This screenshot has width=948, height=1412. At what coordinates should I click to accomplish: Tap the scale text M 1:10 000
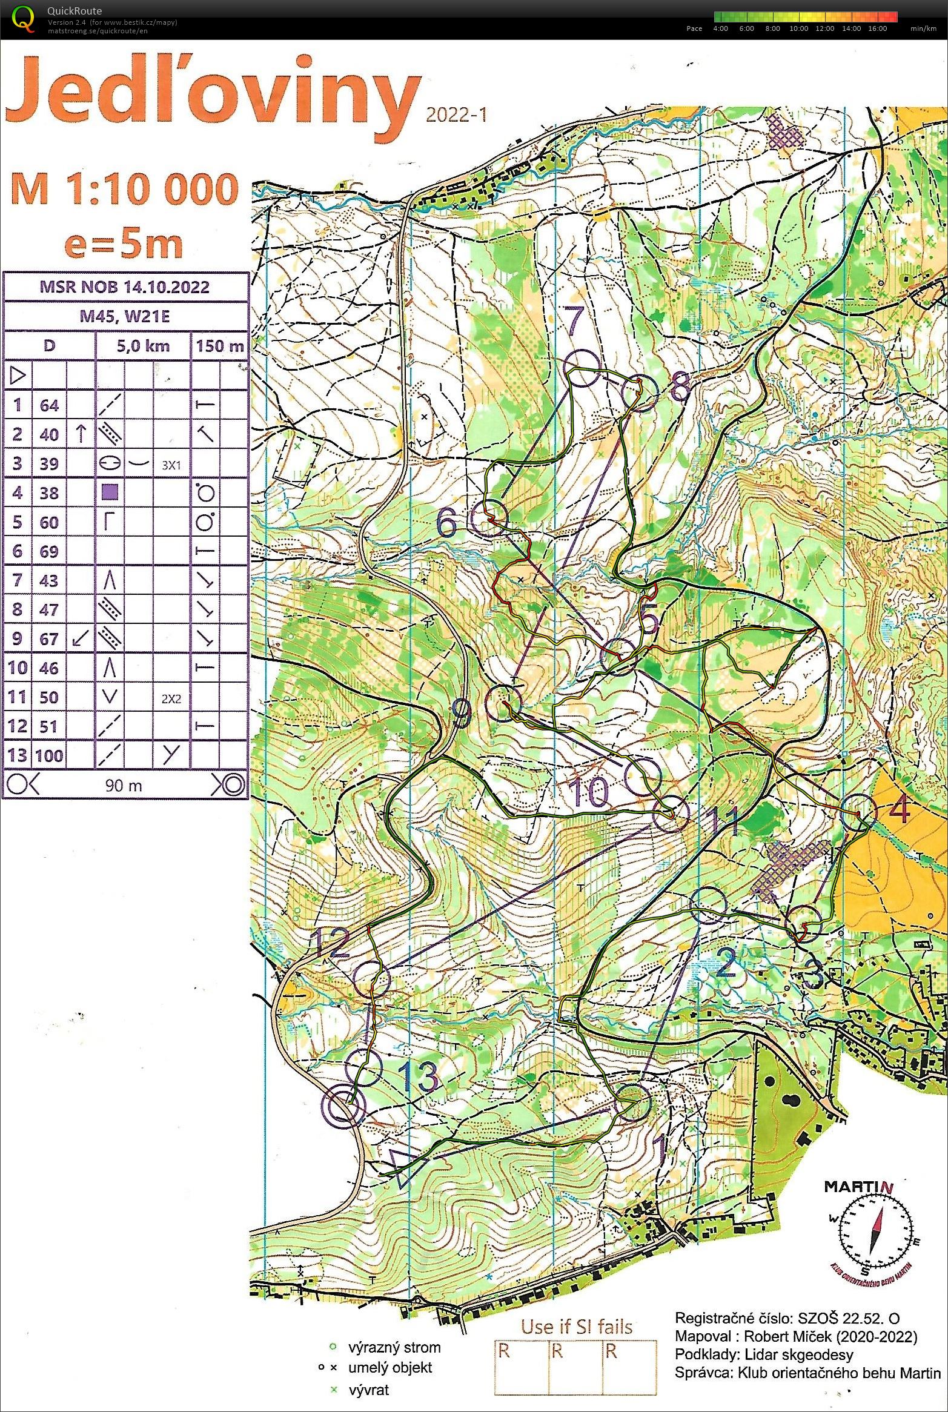[x=124, y=188]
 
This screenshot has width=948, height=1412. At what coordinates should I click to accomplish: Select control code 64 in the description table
[x=49, y=405]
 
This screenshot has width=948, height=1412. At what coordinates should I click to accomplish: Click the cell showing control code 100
[x=49, y=755]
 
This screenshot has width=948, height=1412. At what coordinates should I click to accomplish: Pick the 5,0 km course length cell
[x=143, y=346]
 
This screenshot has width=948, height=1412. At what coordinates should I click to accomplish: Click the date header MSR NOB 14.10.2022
[x=125, y=287]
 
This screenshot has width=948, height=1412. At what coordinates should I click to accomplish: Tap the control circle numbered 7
[x=582, y=368]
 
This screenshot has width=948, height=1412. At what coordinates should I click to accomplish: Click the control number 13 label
[x=419, y=1076]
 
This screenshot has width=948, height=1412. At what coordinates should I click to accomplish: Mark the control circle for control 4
[x=859, y=812]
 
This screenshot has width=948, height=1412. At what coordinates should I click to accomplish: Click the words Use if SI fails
[x=577, y=1326]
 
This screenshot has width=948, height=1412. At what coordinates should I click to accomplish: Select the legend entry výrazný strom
[x=394, y=1348]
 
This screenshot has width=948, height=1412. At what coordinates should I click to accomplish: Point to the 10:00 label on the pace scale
[x=798, y=28]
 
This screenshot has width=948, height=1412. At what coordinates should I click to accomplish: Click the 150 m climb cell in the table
[x=219, y=346]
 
